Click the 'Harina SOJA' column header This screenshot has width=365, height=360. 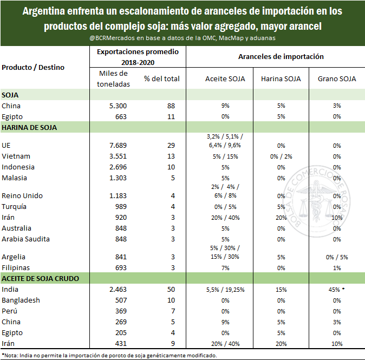281,79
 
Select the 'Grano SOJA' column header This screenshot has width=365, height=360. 337,79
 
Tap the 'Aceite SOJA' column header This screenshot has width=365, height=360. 225,79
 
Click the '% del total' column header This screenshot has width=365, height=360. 162,79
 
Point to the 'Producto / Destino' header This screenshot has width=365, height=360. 33,68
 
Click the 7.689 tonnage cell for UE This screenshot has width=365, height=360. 118,146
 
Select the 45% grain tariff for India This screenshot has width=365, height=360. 334,290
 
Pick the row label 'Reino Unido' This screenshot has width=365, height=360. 22,196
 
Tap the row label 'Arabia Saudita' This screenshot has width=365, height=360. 25,239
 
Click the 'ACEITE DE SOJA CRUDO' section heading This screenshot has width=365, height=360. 40,279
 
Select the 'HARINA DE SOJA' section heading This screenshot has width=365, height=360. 29,128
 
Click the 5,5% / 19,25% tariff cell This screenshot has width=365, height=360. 225,290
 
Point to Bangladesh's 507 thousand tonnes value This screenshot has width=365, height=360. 121,300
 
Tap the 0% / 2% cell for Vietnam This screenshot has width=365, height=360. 281,156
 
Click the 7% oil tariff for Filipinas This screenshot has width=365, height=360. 225,268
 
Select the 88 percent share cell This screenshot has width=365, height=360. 171,106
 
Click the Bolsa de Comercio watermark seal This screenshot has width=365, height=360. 317,202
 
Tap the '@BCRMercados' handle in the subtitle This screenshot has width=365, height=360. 112,38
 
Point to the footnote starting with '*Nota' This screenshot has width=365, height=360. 109,355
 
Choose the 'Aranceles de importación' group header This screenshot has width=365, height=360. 281,56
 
